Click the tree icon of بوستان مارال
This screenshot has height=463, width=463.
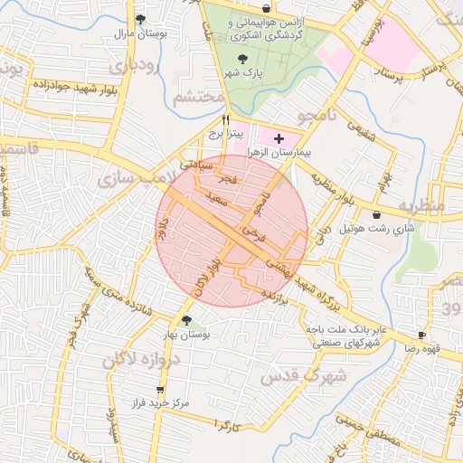(140, 18)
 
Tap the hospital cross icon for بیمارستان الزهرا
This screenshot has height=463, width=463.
(279, 138)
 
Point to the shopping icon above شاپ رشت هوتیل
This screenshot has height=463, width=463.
(376, 214)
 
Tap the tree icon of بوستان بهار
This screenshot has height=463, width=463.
(186, 320)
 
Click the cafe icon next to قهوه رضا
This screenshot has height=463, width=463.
(421, 334)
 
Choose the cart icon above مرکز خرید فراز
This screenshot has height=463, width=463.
(159, 391)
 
